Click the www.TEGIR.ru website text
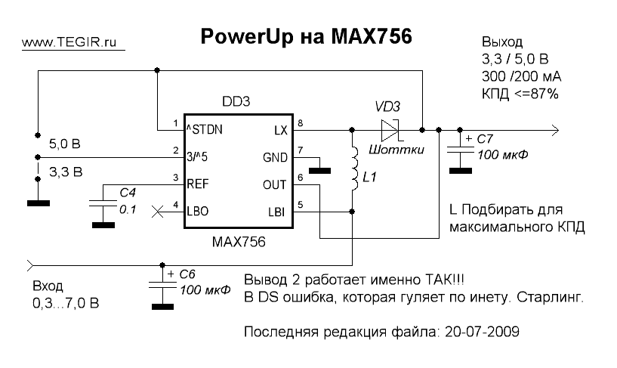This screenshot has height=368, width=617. coord(72,44)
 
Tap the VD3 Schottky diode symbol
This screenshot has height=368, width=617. coord(391,129)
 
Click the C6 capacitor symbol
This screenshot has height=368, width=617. coord(160,286)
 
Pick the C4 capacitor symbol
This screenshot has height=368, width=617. coord(99,203)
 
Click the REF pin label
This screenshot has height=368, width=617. coord(198,183)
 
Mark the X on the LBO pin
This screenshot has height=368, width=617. coord(157,212)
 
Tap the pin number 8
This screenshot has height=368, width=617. coord(300,122)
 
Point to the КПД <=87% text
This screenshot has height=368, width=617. coord(520,94)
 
